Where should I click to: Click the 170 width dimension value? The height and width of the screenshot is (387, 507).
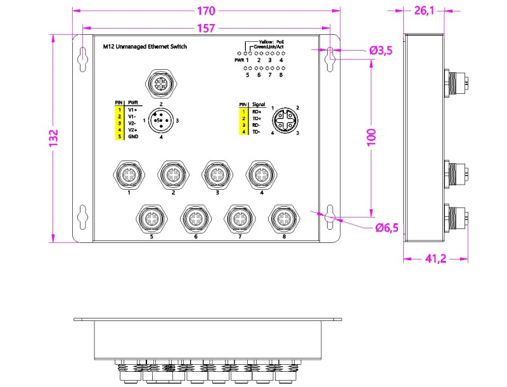tap(206, 11)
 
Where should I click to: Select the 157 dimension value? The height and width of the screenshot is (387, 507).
tap(206, 29)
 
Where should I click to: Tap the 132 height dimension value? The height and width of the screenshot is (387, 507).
tap(54, 138)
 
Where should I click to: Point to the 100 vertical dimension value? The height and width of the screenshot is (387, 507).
tap(372, 137)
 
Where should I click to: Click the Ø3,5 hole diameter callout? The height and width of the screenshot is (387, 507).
tap(381, 51)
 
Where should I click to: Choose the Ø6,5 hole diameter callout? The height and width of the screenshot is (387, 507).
tap(387, 228)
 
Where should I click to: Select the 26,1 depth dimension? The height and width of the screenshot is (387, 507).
tap(424, 11)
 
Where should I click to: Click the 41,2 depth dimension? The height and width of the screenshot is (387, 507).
tap(436, 259)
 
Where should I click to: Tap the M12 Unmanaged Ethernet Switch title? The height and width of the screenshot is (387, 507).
tap(145, 46)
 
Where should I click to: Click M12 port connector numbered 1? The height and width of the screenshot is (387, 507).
tap(129, 174)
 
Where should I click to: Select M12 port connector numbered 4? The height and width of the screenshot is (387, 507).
tap(262, 174)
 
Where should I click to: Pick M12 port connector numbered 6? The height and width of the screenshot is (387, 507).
tap(196, 219)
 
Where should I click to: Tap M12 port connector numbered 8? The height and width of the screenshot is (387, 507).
tap(284, 219)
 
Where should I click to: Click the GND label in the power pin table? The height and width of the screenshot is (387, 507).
tap(133, 136)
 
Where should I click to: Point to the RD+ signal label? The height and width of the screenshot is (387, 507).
tap(257, 112)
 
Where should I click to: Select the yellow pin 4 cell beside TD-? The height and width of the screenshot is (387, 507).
tap(243, 132)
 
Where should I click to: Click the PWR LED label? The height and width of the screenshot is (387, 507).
tap(240, 60)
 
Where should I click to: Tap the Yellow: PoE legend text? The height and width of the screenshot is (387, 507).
tap(271, 42)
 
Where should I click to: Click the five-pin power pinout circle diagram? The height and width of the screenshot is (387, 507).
tap(161, 121)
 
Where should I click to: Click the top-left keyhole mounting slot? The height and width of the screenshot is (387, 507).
tap(84, 59)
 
